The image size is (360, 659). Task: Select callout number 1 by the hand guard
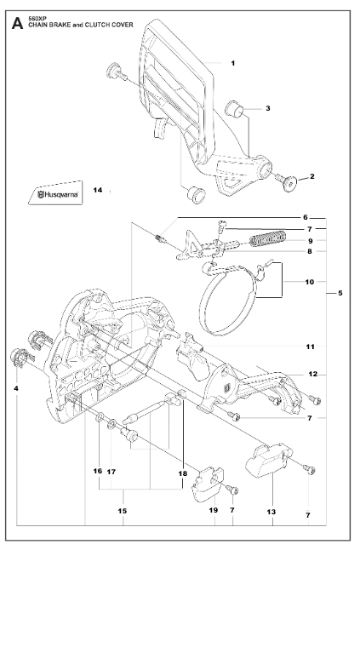point(233,64)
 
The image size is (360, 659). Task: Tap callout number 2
point(311,176)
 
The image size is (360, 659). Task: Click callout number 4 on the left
point(16,388)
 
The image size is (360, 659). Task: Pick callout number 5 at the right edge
point(340,294)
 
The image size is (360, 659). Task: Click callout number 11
point(310,347)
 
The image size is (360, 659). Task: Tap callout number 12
point(312,374)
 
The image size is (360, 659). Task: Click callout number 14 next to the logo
point(97,190)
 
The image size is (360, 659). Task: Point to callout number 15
point(123,511)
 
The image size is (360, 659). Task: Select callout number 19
point(214,511)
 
